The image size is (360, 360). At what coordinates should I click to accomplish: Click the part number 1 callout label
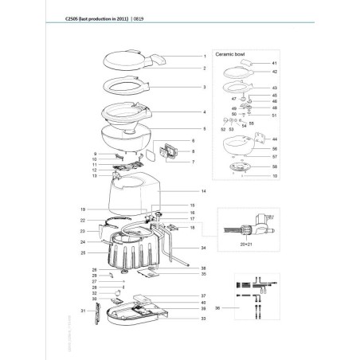[x=204, y=57]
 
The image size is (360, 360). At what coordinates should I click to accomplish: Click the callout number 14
[x=204, y=192]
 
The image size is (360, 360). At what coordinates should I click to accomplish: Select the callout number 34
[x=204, y=248]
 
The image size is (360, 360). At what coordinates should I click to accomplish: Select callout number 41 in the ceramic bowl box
[x=274, y=62]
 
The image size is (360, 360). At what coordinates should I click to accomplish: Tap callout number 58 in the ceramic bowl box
[x=274, y=166]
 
